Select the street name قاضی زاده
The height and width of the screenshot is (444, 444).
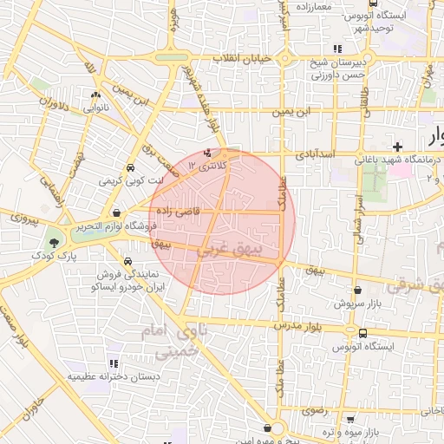pyautogui.click(x=179, y=212)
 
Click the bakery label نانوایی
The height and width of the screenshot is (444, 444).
pyautogui.click(x=95, y=108)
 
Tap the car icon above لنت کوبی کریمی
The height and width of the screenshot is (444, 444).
pyautogui.click(x=128, y=167)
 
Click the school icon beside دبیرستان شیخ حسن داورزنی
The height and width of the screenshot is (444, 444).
pyautogui.click(x=336, y=49)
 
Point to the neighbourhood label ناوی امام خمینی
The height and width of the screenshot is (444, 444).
pyautogui.click(x=178, y=343)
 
